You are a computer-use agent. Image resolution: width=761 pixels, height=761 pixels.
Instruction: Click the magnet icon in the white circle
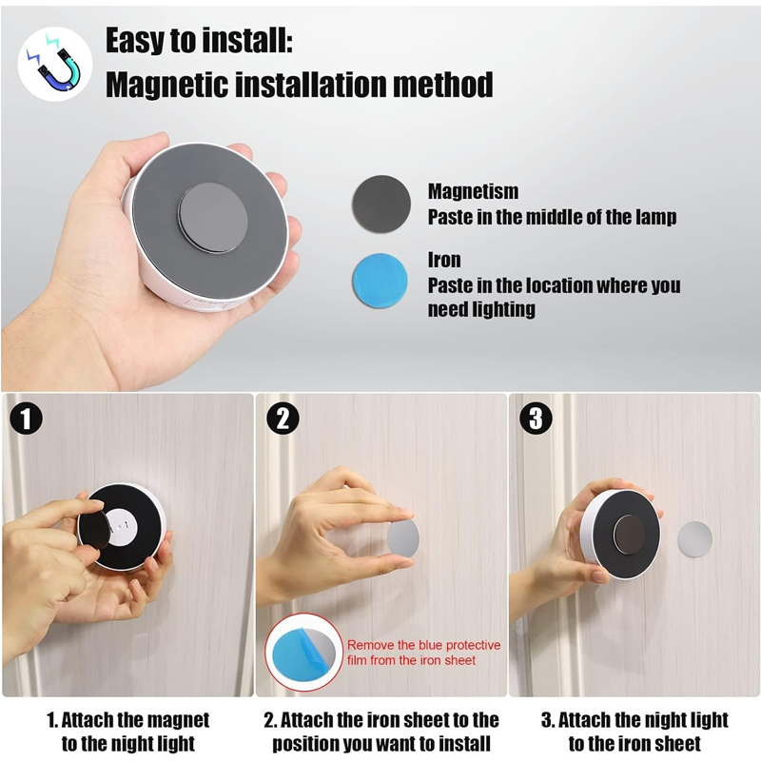(55, 64)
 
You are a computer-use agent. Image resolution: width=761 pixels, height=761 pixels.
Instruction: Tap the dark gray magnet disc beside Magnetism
(381, 204)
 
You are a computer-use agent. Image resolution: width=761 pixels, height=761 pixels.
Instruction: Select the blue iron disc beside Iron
(380, 280)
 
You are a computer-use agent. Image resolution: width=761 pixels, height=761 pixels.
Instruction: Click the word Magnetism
(473, 191)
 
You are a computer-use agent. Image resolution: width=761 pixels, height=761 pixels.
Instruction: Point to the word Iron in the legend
(444, 260)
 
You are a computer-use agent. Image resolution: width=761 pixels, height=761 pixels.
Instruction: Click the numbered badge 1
(26, 419)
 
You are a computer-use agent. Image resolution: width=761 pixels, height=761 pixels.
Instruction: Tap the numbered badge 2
(283, 419)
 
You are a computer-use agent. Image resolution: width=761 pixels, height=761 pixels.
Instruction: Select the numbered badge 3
(536, 419)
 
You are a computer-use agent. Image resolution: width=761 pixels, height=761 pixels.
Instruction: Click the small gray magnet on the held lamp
(212, 217)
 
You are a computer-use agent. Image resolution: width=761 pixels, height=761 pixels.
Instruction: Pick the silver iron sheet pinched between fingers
(403, 538)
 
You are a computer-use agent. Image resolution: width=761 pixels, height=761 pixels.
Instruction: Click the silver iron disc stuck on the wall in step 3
(694, 539)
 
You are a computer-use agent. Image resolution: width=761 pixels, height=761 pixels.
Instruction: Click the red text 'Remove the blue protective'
(423, 645)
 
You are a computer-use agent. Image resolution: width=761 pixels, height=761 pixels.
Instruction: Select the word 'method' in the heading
(443, 85)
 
